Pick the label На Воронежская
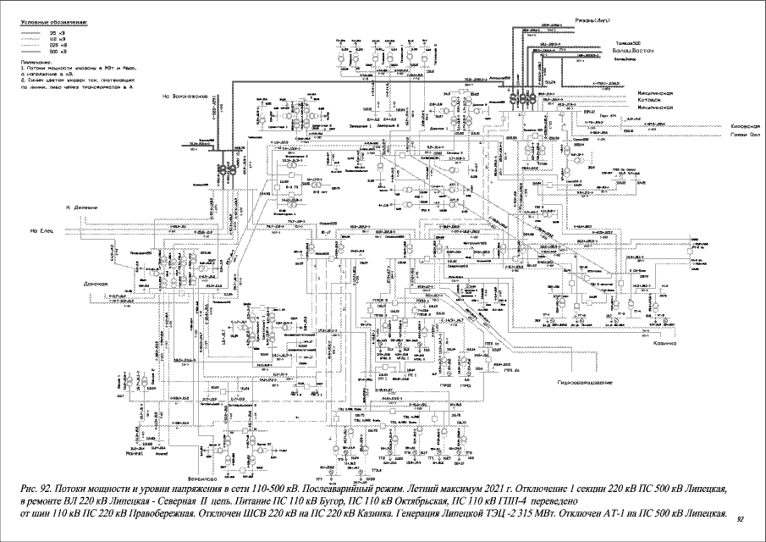pos(186,96)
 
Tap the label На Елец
pos(41,231)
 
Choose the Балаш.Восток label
pos(630,53)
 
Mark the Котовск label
pos(654,99)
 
